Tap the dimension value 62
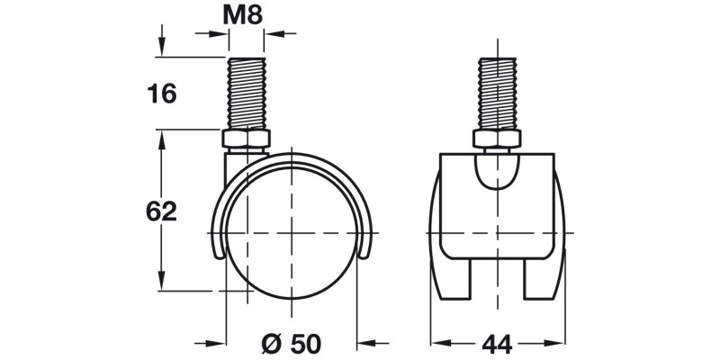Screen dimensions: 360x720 161,211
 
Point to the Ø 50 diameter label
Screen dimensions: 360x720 291,343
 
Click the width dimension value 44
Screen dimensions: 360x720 496,343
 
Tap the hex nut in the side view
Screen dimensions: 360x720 246,140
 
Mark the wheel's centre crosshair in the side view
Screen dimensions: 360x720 292,234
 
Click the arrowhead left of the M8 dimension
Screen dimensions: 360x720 219,34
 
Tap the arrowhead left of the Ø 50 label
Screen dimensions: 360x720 214,343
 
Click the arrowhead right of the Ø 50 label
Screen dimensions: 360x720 367,343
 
